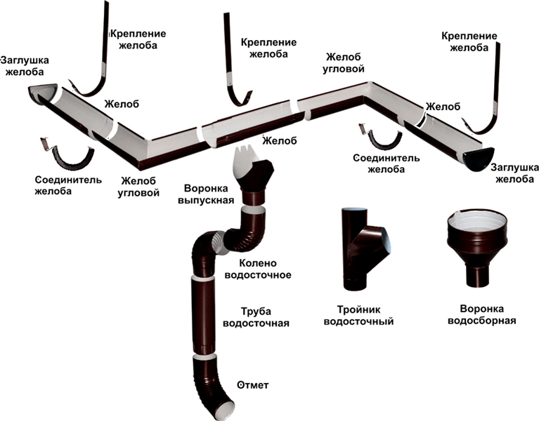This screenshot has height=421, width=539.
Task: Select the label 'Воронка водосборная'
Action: click(x=488, y=314)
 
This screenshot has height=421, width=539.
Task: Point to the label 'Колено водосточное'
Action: click(x=256, y=268)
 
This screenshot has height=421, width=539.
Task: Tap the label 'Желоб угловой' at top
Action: click(x=344, y=62)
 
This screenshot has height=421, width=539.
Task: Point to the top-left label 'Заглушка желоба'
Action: click(x=24, y=65)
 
